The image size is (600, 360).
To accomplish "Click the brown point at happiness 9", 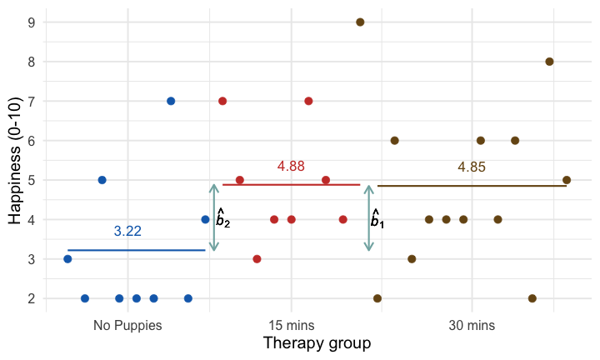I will pos(360,22).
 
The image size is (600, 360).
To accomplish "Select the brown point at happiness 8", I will pos(549,62).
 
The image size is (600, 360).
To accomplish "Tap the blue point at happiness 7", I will pos(171,101).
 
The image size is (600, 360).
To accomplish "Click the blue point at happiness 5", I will pos(102,180).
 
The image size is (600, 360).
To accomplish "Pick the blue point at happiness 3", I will pos(67,259).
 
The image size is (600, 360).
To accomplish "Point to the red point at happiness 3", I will pos(257,259).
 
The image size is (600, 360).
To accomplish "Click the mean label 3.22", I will pos(127,232).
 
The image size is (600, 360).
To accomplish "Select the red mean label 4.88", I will pos(291,167).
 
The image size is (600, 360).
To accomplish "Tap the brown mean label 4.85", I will pos(472,167).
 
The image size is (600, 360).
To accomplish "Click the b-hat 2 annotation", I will pos(222,218).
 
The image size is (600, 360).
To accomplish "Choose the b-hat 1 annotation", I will pos(377,219).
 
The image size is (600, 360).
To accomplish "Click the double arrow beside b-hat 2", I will pos(214,217).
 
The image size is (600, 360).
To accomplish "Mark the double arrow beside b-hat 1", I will pos(368,217).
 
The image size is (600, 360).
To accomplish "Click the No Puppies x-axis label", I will pos(127,325).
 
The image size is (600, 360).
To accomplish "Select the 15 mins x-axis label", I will pos(291,325).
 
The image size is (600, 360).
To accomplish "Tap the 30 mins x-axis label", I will pos(472,325).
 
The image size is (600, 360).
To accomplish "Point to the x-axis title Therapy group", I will pos(317,343).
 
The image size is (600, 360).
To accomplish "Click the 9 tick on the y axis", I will pos(31,22).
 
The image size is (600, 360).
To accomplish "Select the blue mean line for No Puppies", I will pos(136,250).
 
